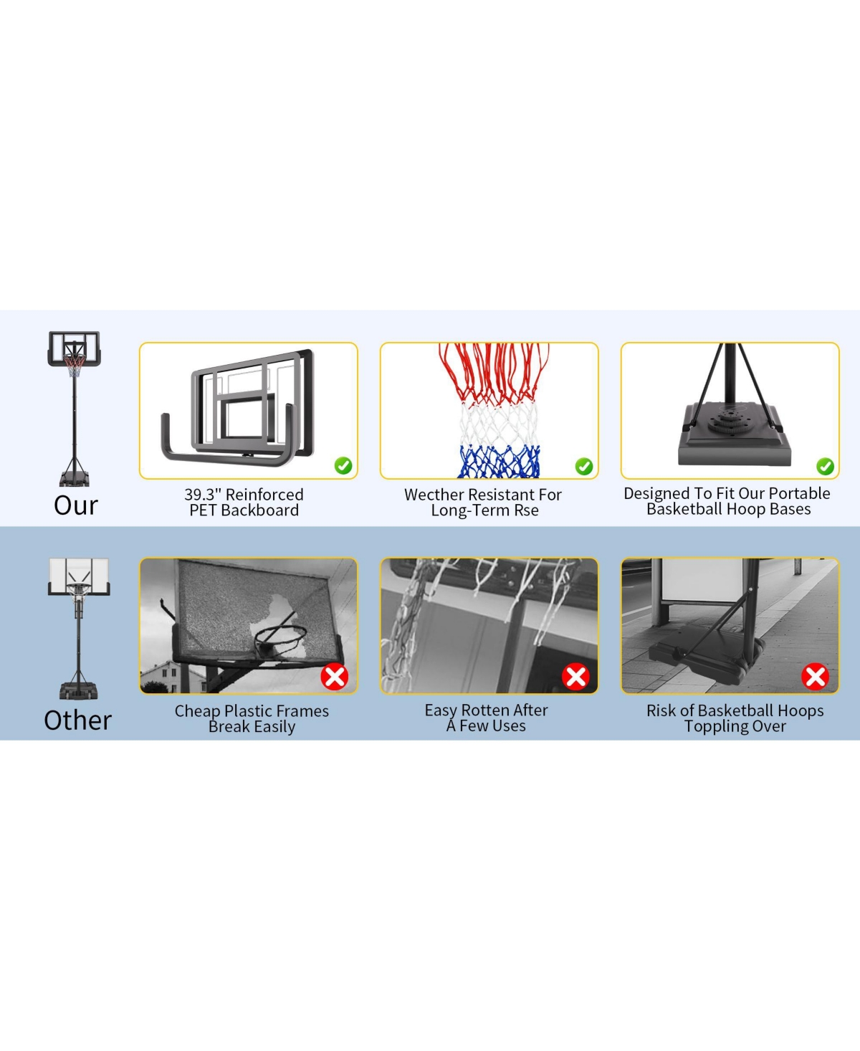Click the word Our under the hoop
(75, 505)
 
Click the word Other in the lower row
(77, 721)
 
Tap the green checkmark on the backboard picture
(343, 466)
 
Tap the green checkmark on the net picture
(584, 467)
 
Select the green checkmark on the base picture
(825, 467)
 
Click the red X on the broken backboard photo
(334, 676)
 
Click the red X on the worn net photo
(575, 676)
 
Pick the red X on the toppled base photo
(815, 676)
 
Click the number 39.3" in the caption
(203, 495)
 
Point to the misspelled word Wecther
(434, 495)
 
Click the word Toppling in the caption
(713, 726)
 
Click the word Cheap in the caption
(197, 711)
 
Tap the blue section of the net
(499, 462)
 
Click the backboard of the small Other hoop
(78, 573)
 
